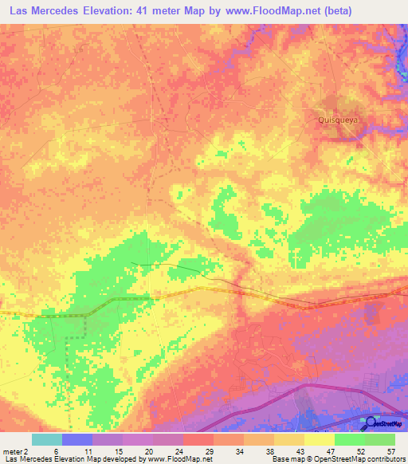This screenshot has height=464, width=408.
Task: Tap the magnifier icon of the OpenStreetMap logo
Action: [x=369, y=423]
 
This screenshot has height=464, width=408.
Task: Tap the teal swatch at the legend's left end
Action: [x=47, y=439]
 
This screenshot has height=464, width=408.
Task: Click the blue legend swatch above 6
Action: [x=77, y=439]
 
